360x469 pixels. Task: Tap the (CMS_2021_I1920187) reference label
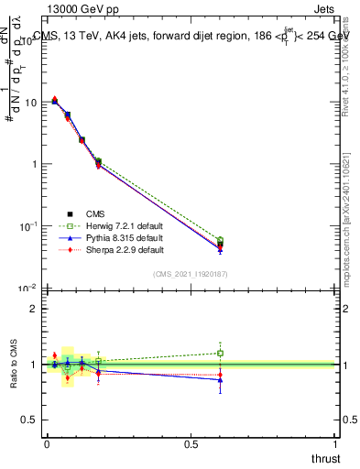190,273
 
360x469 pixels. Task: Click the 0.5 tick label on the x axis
191,443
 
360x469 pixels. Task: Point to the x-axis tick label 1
336,443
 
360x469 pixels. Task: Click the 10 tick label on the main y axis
30,103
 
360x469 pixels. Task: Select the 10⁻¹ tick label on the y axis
27,226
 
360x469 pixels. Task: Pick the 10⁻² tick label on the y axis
27,288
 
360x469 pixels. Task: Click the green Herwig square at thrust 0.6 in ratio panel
220,353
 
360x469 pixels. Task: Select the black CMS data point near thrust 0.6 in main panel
220,245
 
